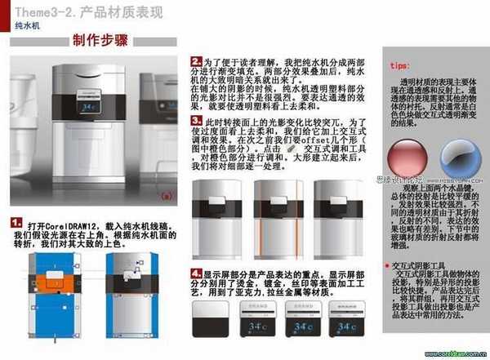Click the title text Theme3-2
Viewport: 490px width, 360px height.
[42, 12]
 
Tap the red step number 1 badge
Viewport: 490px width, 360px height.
[15, 222]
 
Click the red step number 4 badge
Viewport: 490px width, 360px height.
[196, 273]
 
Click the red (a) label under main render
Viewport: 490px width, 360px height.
[167, 196]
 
